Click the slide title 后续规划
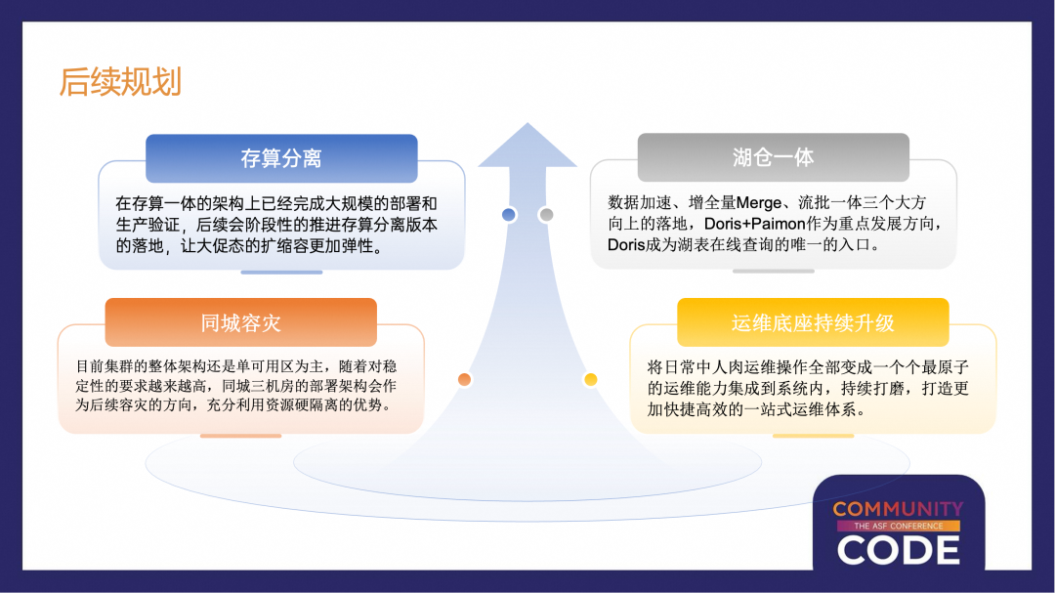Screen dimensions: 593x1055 pyautogui.click(x=120, y=82)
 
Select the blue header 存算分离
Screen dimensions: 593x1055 pyautogui.click(x=281, y=158)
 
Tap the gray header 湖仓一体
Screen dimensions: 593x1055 pyautogui.click(x=773, y=157)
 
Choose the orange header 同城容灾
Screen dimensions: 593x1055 pyautogui.click(x=240, y=322)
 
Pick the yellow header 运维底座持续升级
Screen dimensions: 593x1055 pyautogui.click(x=813, y=322)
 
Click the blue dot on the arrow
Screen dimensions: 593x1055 pyautogui.click(x=508, y=215)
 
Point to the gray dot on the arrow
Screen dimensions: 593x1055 pyautogui.click(x=546, y=215)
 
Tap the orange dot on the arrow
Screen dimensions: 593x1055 pyautogui.click(x=464, y=379)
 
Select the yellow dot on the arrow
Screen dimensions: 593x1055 pyautogui.click(x=590, y=379)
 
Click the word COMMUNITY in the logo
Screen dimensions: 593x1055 pyautogui.click(x=898, y=509)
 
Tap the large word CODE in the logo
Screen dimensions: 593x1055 pyautogui.click(x=898, y=550)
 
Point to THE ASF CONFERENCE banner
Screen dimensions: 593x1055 pyautogui.click(x=898, y=526)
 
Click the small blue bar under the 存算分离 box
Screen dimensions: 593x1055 pyautogui.click(x=281, y=273)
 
